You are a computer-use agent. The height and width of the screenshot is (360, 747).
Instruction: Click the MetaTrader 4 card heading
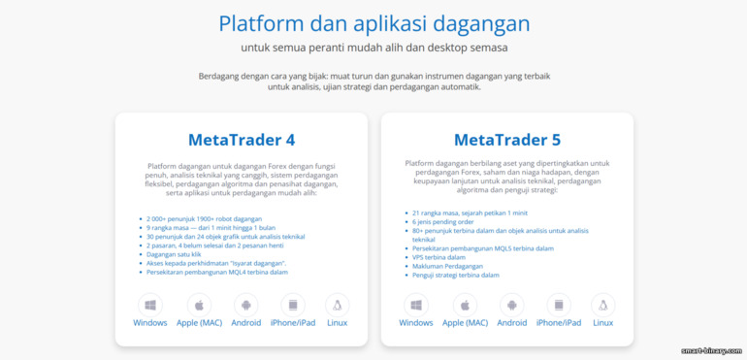241,139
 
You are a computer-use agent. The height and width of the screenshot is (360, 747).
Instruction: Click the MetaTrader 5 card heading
506,139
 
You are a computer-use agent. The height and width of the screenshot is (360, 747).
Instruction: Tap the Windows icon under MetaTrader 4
150,304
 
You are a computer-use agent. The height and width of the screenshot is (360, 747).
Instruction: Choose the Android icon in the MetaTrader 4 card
245,304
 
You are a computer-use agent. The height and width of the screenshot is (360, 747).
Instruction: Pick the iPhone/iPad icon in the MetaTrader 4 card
292,304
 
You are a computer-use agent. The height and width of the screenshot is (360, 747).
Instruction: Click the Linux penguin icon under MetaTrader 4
338,304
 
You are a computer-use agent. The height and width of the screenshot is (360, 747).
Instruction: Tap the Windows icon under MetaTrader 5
416,304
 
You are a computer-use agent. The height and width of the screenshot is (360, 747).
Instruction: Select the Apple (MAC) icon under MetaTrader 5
465,304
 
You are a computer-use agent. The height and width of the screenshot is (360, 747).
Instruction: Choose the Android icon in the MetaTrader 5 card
511,304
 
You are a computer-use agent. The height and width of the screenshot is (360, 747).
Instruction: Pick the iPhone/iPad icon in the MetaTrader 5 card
558,304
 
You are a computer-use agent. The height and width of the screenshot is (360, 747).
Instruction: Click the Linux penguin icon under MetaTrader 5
603,304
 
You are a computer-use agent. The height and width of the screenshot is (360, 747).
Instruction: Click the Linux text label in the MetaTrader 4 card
338,323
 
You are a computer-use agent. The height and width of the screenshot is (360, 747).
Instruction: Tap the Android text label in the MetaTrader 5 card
511,323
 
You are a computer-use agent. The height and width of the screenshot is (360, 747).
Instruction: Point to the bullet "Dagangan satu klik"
175,254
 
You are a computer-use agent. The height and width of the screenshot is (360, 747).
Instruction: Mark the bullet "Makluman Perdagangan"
447,266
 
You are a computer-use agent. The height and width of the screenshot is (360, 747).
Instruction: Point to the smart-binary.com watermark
711,350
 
